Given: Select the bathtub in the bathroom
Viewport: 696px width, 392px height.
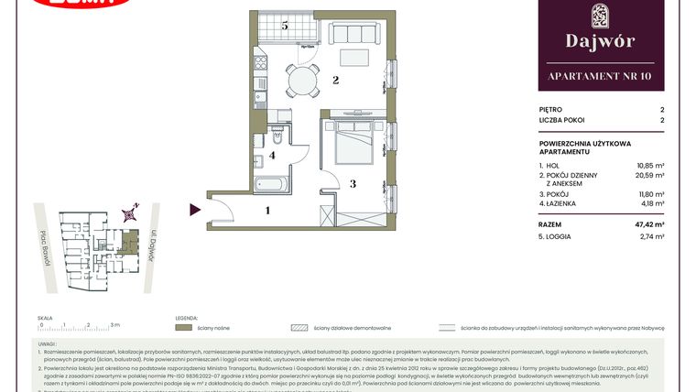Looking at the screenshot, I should coord(273,185).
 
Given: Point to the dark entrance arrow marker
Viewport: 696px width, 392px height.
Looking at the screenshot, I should coord(195,210).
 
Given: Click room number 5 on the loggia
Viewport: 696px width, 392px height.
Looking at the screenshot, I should coord(285,27).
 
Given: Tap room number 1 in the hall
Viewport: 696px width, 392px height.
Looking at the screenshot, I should coord(267,211).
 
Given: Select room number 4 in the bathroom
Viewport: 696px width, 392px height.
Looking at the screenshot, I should coord(272,156).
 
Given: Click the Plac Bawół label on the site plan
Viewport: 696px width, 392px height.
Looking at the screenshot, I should coord(43,246).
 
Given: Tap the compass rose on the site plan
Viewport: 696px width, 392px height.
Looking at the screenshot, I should coord(132,213).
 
